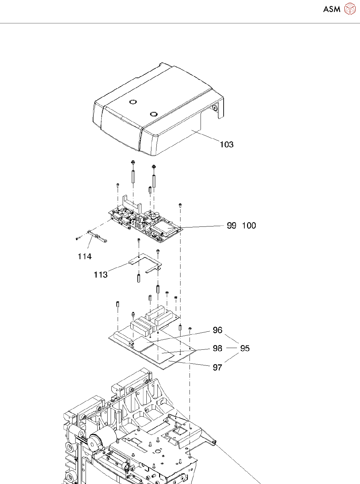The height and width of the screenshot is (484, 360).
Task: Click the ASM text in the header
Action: point(332,9)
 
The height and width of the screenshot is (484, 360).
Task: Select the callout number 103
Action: point(226,144)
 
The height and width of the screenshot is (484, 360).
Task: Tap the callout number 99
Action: point(231,225)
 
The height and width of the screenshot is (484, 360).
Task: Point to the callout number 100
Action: point(249,225)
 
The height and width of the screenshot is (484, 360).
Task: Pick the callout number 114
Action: point(85,256)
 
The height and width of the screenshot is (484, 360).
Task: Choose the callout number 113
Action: point(101,275)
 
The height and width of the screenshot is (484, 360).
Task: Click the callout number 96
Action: point(217,330)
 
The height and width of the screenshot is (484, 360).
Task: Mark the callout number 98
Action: point(217,348)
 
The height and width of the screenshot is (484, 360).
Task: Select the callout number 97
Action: point(217,367)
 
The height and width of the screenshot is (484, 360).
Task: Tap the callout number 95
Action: point(245,348)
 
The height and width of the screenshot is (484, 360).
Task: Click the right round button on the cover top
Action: point(154,114)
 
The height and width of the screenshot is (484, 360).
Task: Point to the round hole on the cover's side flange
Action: point(214,108)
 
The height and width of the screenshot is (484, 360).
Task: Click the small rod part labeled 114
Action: point(97,236)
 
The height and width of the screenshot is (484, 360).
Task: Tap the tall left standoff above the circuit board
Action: point(133,176)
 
